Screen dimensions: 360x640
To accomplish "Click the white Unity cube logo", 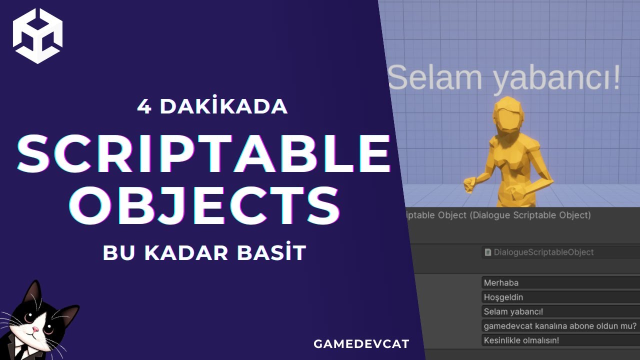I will (37, 36).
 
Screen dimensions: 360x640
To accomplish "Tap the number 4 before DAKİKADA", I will (144, 107).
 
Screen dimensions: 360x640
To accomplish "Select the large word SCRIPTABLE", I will (203, 153).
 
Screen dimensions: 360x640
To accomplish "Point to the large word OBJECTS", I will (204, 205).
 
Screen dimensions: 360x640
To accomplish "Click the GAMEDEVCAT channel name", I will (361, 344).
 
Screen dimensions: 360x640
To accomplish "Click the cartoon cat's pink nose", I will (35, 329).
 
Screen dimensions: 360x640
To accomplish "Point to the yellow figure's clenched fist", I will (470, 184).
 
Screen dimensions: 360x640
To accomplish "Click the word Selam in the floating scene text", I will (434, 78).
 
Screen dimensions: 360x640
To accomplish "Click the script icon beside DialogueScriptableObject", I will (488, 252).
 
